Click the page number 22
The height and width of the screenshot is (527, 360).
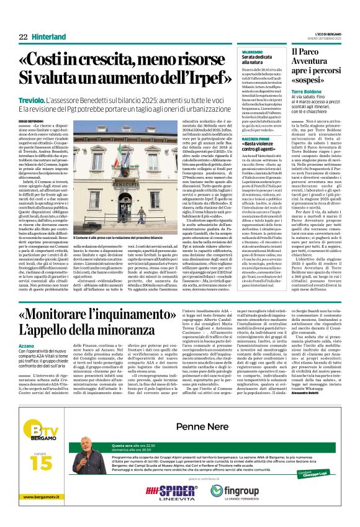point(23,37)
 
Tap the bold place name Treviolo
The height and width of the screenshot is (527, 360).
point(33,98)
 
